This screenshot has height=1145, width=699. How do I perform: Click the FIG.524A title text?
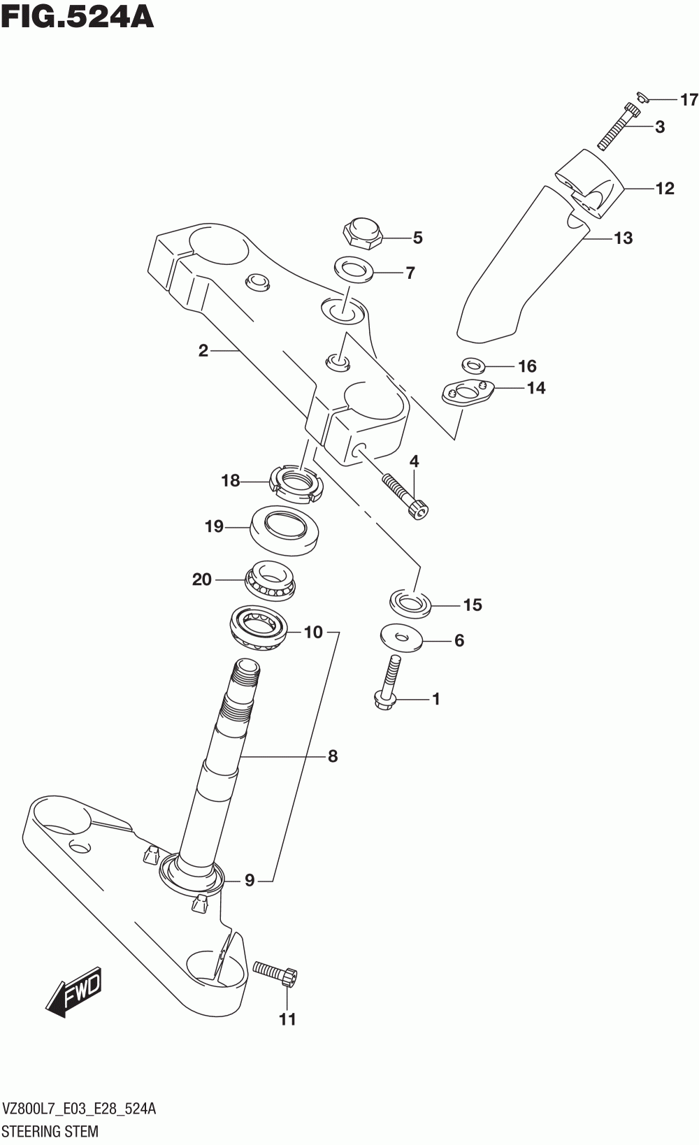(x=77, y=17)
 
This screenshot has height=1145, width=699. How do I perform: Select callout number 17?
(x=689, y=100)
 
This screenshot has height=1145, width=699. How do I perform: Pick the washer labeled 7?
(x=354, y=269)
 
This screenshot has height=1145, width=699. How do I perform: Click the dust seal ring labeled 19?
(x=284, y=530)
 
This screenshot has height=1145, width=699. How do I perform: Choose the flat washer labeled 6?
(x=401, y=638)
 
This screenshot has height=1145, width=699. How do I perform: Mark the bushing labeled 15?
(x=410, y=603)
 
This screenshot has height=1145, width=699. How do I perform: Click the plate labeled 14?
(x=468, y=392)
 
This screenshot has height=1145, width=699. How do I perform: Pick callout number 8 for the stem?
(x=333, y=756)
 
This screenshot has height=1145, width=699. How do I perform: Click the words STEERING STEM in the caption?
(x=50, y=1130)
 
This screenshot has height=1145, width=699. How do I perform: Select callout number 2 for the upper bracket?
(x=203, y=350)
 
